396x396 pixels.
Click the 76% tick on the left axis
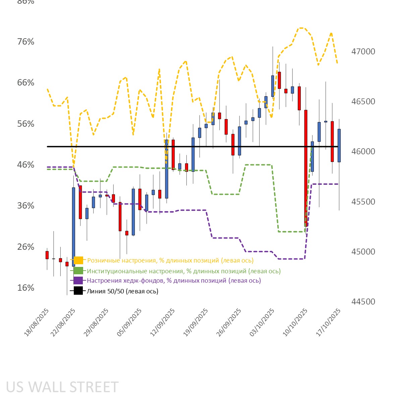26,42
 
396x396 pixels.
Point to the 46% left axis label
26,165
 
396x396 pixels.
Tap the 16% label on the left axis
26,288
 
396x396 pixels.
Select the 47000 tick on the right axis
363,51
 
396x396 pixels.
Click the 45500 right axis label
363,202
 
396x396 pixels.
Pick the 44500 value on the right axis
363,301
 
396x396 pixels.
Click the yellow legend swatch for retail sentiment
78,260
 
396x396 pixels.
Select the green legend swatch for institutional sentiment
78,271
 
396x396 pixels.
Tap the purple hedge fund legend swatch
78,281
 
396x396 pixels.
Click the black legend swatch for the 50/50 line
78,291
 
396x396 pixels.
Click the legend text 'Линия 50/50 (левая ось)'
122,291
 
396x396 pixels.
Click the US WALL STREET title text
62,387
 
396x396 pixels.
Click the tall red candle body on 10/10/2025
306,168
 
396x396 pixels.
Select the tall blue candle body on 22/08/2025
73,227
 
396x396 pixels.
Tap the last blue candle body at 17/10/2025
339,146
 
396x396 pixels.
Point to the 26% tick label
26,247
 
